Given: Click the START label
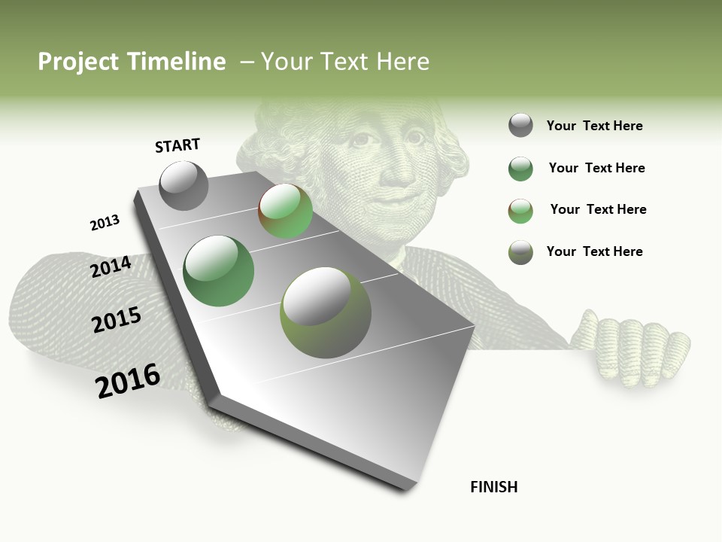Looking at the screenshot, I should (177, 145).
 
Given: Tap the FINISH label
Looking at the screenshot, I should (493, 487).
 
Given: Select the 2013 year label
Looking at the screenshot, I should (105, 223).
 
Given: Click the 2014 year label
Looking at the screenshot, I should (111, 267).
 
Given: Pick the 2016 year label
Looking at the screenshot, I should (128, 381).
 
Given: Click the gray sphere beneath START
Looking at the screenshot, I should (184, 186).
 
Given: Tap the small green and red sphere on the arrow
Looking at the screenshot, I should (286, 212).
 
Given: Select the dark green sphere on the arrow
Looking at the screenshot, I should (219, 271).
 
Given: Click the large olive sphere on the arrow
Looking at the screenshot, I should (326, 313).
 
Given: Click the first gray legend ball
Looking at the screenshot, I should (520, 126).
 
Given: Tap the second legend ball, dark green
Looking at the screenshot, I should (520, 169).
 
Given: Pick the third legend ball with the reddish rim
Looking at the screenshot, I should (520, 210).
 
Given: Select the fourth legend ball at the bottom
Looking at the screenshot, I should (520, 252).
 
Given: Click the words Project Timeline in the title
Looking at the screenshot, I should (132, 62).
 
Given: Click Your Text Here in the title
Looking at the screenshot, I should (345, 62).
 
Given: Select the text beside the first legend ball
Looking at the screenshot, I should (594, 126).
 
